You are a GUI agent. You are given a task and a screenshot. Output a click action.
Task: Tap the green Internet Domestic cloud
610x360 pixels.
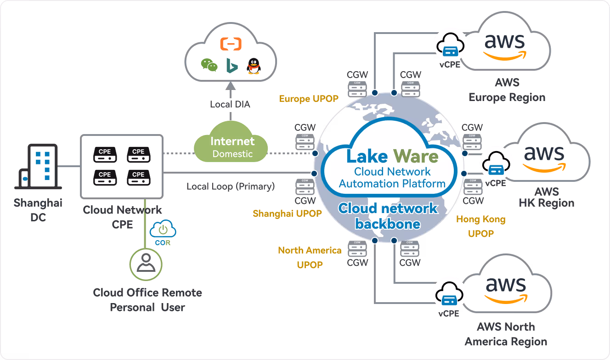click(232, 146)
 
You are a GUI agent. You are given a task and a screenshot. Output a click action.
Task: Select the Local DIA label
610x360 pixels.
click(230, 104)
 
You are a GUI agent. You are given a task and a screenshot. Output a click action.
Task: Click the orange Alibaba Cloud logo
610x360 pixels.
click(231, 44)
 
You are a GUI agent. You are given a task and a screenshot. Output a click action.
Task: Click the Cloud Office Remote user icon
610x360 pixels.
click(146, 264)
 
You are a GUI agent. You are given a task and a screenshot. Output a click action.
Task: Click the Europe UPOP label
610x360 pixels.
click(309, 99)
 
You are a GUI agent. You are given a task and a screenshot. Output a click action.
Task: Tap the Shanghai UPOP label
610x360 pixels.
click(287, 214)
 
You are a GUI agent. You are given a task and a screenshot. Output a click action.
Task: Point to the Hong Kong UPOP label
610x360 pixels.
click(481, 226)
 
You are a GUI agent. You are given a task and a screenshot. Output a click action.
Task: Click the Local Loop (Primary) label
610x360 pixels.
click(231, 186)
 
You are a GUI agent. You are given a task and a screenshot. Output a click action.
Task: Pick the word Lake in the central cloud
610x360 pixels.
click(367, 157)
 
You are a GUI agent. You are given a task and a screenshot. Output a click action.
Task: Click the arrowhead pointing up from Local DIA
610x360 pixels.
click(231, 85)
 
